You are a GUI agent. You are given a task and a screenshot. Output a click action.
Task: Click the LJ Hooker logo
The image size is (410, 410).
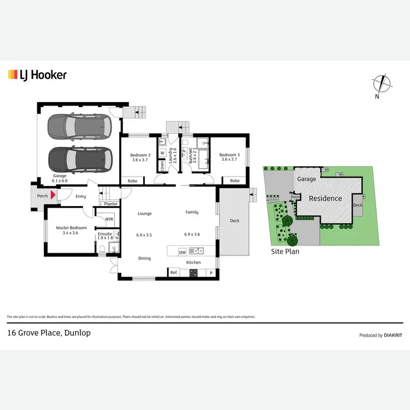pyautogui.click(x=37, y=75)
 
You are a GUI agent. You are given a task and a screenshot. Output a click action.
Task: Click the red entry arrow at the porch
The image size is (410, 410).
pyautogui.click(x=53, y=195)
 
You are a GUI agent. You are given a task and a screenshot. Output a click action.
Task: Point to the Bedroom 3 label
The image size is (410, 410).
pyautogui.click(x=230, y=155)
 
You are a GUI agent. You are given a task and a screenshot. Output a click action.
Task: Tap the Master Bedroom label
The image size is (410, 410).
pyautogui.click(x=71, y=228)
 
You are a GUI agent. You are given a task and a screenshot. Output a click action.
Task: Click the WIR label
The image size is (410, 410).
pyautogui.click(x=109, y=219)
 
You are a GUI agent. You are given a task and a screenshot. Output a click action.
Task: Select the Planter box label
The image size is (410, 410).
pyautogui.click(x=111, y=203)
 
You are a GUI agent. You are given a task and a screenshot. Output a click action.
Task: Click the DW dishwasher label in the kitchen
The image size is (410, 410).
pyautogui.click(x=182, y=252)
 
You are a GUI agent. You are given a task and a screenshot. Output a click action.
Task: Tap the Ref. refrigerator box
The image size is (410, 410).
pyautogui.click(x=174, y=272)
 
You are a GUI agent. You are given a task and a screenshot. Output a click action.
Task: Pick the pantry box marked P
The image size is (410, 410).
pyautogui.click(x=210, y=272)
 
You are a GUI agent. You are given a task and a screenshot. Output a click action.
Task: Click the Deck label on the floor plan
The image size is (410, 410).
pyautogui.click(x=235, y=221)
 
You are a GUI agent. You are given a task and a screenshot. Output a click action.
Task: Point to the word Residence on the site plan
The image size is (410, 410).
pyautogui.click(x=325, y=198)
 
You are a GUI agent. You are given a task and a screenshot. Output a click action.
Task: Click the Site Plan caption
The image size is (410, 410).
pyautogui.click(x=285, y=252)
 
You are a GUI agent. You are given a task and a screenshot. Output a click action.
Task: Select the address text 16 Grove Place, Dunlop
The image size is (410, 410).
pyautogui.click(x=48, y=332)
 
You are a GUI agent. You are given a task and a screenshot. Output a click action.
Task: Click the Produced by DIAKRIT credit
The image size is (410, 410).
pyautogui.click(x=380, y=335)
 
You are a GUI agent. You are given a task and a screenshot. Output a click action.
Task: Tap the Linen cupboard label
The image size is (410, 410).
pyautogui.click(x=162, y=165)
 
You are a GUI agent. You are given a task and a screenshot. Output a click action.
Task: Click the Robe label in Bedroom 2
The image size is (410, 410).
pyautogui.click(x=132, y=181)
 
